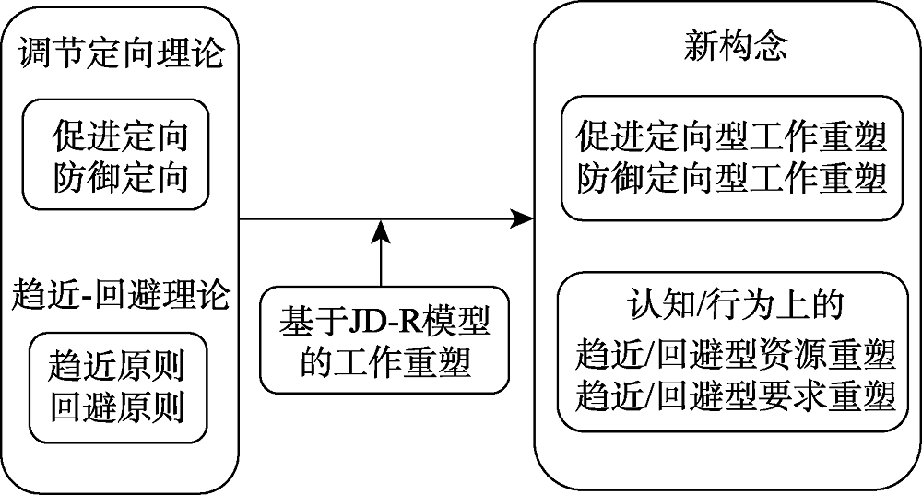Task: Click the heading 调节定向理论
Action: (121, 53)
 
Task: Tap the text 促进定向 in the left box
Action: (121, 137)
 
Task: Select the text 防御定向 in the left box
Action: (121, 175)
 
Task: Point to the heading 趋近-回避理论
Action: (122, 297)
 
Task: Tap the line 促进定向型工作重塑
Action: (731, 139)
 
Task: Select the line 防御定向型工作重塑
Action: (731, 177)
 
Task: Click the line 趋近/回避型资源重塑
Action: (735, 353)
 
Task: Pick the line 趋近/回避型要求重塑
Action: (735, 395)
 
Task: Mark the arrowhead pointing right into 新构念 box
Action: (524, 218)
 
